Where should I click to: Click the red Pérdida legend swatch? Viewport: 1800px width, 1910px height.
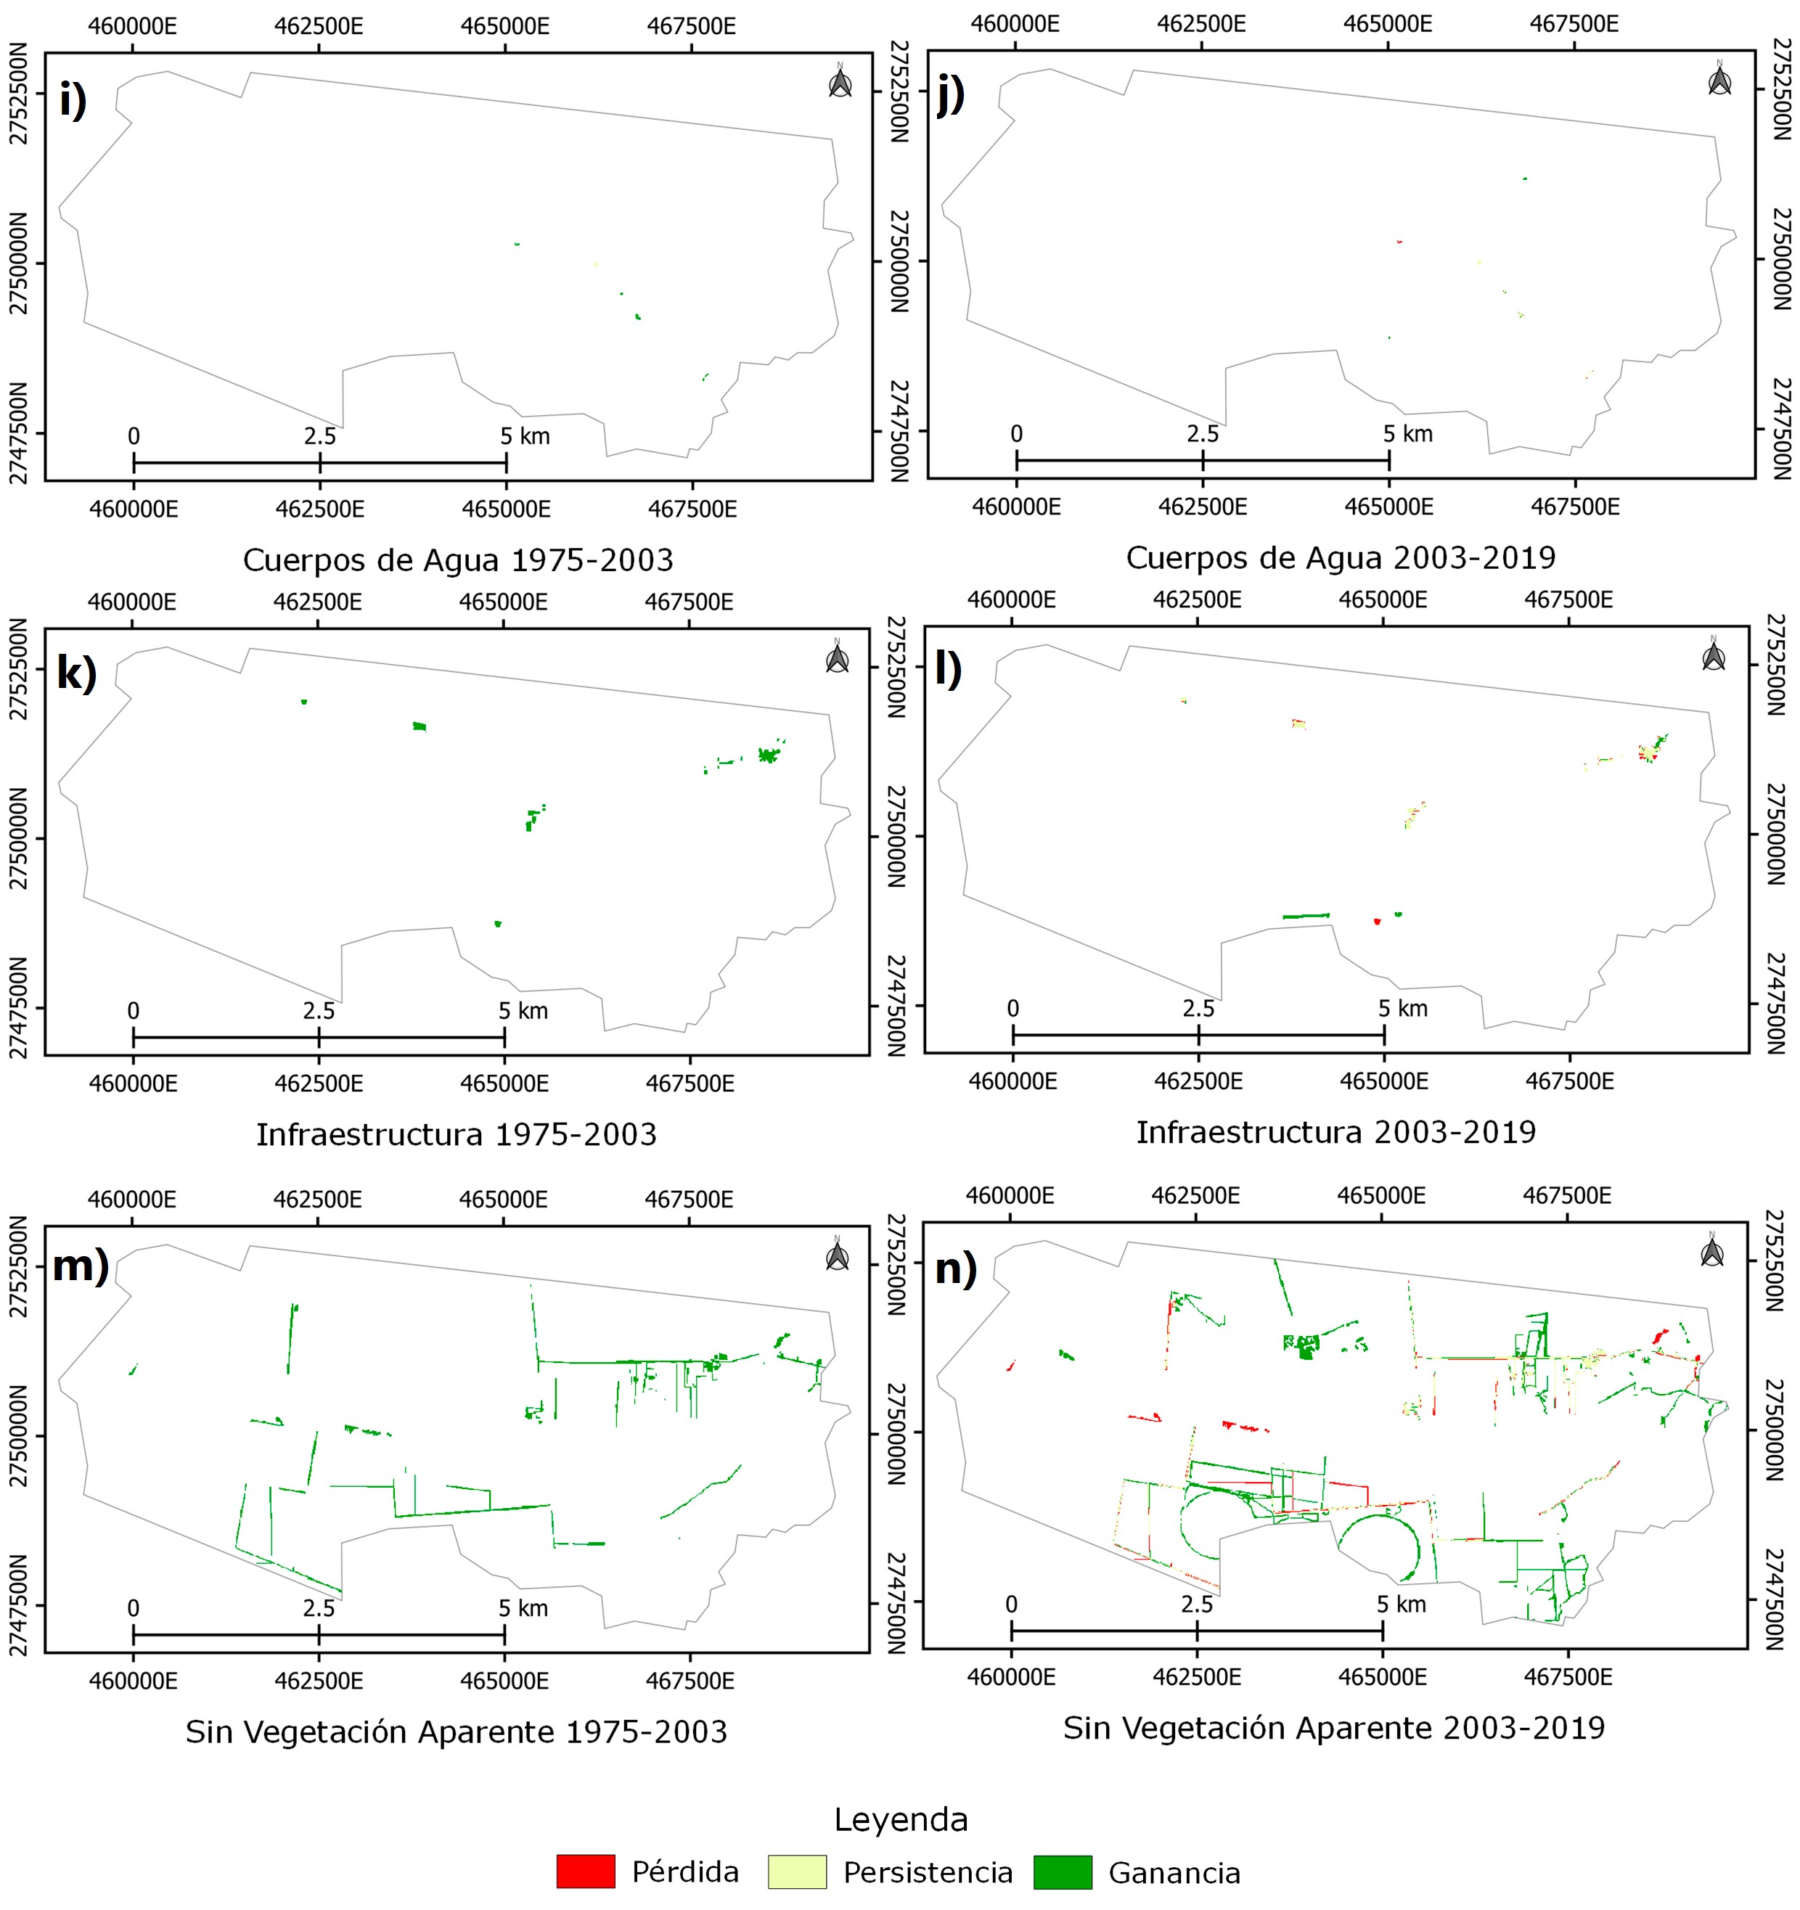585,1872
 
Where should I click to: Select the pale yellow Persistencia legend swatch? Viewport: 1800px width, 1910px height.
797,1872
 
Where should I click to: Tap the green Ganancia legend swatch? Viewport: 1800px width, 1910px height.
1062,1872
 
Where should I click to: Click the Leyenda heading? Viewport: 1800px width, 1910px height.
901,1820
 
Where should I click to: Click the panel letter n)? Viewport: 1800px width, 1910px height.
955,1269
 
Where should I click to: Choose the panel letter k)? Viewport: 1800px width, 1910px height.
77,673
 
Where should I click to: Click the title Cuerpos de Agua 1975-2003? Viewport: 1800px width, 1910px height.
457,560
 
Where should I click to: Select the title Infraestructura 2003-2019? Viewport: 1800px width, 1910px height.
1335,1133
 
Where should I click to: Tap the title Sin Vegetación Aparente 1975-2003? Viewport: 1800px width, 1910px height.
457,1731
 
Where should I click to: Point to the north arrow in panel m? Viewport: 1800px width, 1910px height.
837,1255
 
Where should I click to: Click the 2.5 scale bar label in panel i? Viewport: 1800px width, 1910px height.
320,436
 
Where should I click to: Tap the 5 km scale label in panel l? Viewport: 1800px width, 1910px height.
1403,1009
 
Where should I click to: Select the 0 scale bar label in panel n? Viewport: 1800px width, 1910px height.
1011,1604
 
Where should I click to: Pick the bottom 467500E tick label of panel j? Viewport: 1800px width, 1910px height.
1574,507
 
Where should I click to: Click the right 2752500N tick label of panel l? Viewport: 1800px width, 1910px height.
1776,664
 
